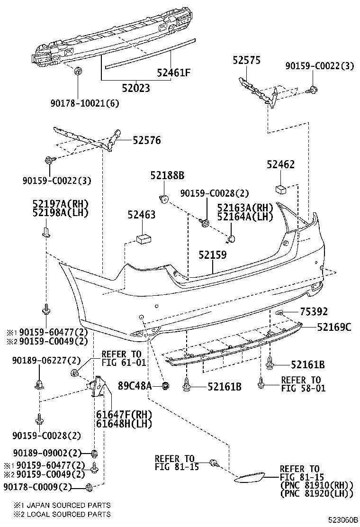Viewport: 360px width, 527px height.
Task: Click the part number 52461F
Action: coord(174,73)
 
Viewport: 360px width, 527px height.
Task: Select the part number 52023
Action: coord(136,88)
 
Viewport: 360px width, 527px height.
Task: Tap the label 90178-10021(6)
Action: coord(78,102)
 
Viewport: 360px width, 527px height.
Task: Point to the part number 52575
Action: coord(246,60)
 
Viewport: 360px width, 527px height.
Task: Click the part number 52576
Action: coord(146,140)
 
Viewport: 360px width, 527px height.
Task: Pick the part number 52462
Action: coord(280,164)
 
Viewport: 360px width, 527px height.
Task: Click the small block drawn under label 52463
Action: coord(143,239)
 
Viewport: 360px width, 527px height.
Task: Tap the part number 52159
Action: coord(212,255)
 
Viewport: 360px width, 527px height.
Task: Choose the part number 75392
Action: coord(313,311)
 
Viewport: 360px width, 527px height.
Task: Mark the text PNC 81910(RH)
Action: coord(316,485)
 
